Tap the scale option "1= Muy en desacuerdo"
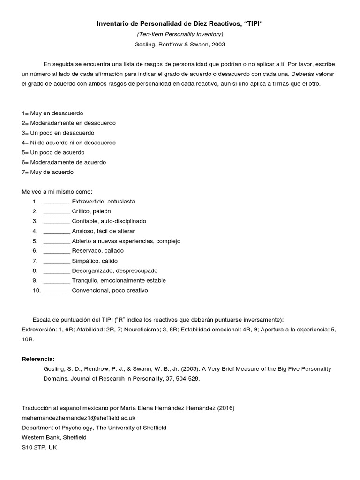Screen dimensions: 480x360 52,113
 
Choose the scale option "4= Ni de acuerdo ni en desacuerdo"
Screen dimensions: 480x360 68,142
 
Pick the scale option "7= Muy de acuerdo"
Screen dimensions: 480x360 47,172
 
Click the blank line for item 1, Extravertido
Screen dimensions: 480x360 56,202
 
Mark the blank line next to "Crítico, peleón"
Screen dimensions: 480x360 56,211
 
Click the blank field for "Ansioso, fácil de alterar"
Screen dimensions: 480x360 56,231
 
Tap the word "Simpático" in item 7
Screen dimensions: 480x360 84,261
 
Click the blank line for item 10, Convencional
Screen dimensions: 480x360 56,290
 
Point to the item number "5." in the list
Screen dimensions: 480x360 35,241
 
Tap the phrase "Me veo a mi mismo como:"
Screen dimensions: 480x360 57,192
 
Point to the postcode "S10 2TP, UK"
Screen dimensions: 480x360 39,447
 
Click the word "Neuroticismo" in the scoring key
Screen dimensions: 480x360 138,330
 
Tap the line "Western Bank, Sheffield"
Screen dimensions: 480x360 54,437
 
